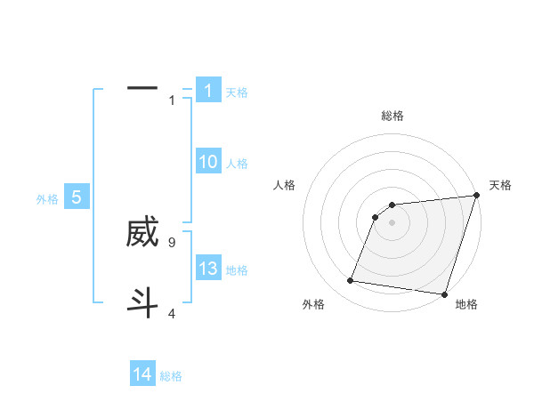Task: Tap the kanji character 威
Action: click(142, 232)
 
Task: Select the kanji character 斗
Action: click(142, 301)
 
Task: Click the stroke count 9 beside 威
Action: click(172, 242)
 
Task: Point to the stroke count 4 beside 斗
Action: click(172, 313)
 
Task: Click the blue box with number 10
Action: click(208, 162)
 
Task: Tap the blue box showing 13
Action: click(208, 269)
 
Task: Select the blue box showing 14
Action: click(142, 374)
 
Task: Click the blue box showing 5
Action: click(77, 197)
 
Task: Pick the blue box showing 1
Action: click(208, 90)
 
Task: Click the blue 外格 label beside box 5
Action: click(47, 199)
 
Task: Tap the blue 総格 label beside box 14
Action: click(171, 376)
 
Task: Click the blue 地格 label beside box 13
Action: click(237, 270)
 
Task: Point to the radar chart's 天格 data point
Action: click(476, 197)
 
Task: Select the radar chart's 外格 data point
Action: click(351, 281)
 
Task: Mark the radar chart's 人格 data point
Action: click(376, 216)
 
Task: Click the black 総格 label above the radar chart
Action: click(392, 116)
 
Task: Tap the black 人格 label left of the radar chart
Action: click(285, 185)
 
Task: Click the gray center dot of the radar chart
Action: click(392, 222)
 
